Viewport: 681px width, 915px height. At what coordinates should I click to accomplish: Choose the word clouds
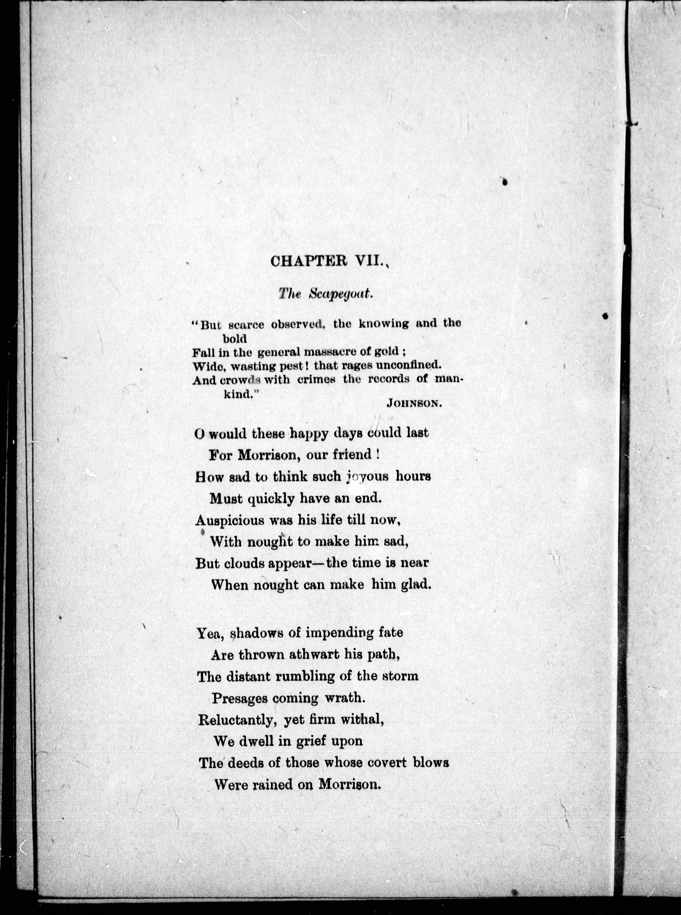click(244, 563)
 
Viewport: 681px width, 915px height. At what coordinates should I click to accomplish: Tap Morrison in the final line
click(349, 784)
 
